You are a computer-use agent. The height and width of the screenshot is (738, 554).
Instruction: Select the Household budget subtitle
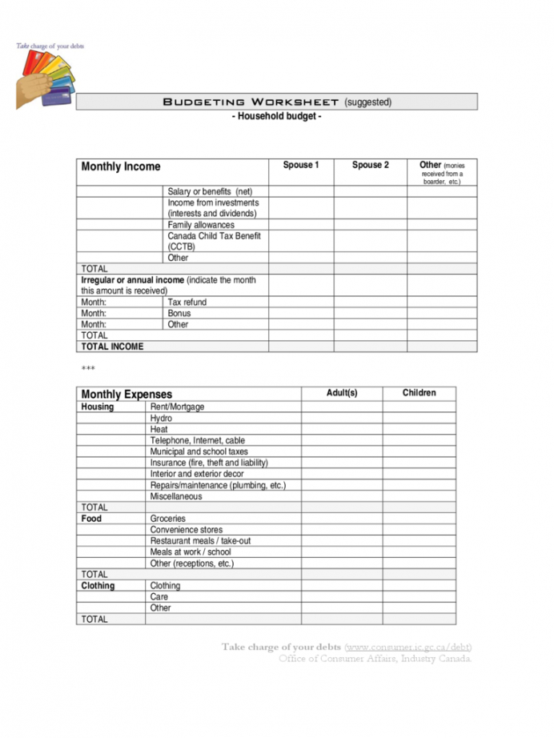[276, 117]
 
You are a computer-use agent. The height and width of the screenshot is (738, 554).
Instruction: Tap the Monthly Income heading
[121, 166]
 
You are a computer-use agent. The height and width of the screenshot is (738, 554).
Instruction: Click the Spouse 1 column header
[301, 165]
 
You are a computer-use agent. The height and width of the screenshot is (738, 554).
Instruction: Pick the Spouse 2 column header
[370, 165]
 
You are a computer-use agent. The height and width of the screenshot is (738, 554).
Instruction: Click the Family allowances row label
[201, 226]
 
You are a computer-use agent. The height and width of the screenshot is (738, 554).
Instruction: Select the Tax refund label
[187, 303]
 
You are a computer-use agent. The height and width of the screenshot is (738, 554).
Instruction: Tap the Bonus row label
[179, 314]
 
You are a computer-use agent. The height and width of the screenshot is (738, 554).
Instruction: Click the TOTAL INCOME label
[112, 347]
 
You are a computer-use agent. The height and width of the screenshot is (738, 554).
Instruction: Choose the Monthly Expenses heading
[126, 395]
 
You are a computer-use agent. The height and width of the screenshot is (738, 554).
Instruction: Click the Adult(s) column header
[342, 393]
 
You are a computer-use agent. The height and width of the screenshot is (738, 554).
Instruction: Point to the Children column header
[419, 393]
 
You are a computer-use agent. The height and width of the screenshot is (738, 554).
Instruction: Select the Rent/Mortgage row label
[177, 407]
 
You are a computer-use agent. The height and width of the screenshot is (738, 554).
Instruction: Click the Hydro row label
[161, 419]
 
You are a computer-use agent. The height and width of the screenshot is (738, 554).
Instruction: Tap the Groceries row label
[168, 519]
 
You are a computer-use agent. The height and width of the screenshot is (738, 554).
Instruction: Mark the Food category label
[91, 519]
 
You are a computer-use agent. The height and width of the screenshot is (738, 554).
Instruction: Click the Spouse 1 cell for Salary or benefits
[301, 192]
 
